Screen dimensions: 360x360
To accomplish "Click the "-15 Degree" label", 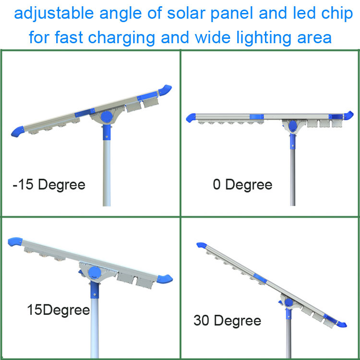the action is [x=49, y=185].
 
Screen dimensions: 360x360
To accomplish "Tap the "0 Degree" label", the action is [x=242, y=185].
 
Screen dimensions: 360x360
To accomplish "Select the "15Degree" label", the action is [x=58, y=311].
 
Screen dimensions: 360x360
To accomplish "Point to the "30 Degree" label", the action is [x=228, y=321].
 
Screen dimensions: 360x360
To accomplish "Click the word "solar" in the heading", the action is [x=186, y=13].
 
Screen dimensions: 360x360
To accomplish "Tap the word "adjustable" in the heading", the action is [x=54, y=14].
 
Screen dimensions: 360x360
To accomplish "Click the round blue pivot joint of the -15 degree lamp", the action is [x=107, y=117].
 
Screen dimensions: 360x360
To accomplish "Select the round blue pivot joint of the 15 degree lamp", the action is [x=95, y=273].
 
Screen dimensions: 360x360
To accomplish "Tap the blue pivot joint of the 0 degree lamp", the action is [x=292, y=126].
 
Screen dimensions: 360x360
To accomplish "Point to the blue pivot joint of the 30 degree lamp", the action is [x=288, y=302].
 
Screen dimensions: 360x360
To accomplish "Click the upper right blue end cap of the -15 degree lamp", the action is [x=165, y=90].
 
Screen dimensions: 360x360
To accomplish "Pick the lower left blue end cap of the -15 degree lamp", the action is [x=18, y=132].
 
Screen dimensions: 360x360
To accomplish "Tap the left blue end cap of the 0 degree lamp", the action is [x=191, y=118].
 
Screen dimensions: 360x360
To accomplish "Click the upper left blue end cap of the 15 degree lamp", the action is [x=15, y=242].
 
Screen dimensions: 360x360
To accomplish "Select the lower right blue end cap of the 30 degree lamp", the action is [x=342, y=324].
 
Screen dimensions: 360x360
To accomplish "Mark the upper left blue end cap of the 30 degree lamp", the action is [x=202, y=245].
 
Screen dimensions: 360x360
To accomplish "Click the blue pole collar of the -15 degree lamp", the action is [x=107, y=132].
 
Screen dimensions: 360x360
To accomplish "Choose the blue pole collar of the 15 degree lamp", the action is [x=95, y=290].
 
